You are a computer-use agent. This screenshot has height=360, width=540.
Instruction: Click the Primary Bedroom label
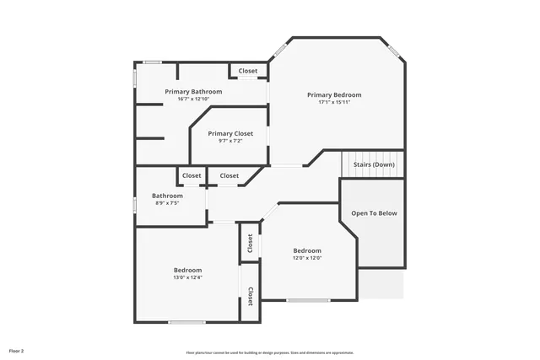tap(334, 95)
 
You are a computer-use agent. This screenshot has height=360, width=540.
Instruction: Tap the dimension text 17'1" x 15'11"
tap(334, 103)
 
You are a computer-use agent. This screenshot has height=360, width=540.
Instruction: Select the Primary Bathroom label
tap(193, 91)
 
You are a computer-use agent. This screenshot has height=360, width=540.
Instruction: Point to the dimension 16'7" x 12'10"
tap(193, 99)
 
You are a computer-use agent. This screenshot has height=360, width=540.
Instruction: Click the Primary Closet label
tap(230, 133)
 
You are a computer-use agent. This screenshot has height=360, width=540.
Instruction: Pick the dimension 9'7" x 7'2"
tap(230, 141)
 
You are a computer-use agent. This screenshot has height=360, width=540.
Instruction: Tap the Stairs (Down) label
tap(373, 164)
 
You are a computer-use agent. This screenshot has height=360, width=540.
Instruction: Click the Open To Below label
tap(374, 213)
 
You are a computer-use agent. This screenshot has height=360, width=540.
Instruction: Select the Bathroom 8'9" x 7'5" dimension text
tap(166, 203)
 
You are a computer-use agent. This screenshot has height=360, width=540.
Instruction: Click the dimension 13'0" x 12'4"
tap(187, 277)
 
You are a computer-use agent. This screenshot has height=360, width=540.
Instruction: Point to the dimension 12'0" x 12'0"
tap(307, 258)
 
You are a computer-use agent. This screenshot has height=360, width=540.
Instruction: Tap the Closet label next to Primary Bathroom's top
tap(248, 71)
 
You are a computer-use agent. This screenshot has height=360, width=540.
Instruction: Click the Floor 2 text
tap(17, 350)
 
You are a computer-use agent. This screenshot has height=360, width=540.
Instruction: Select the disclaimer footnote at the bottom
tap(270, 352)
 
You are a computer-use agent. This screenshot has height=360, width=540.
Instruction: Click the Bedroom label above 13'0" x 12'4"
tap(187, 270)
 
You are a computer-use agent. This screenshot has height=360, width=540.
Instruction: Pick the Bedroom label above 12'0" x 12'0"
tap(307, 250)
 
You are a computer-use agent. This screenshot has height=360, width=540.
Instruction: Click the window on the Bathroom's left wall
tap(136, 204)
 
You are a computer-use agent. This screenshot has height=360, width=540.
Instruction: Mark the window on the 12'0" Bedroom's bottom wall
tap(308, 300)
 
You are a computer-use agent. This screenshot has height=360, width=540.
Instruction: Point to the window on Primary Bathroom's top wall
tap(153, 62)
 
